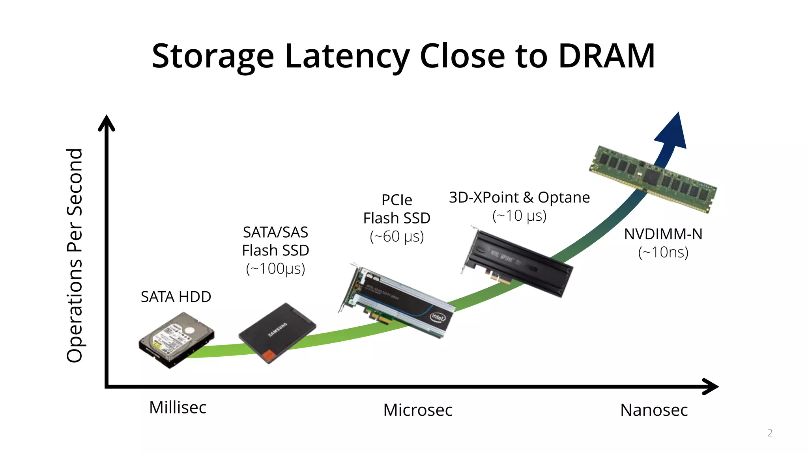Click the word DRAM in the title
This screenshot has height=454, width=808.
click(606, 56)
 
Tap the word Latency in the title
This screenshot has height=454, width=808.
click(347, 57)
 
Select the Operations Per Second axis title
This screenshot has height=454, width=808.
click(75, 255)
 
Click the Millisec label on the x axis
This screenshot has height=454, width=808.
click(178, 407)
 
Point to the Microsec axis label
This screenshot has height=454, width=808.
click(418, 410)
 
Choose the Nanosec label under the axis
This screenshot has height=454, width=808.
click(654, 410)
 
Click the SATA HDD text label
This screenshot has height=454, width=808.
click(176, 297)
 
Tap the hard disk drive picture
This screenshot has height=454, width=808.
click(176, 339)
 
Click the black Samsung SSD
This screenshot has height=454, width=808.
click(277, 332)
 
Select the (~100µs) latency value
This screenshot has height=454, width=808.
click(275, 269)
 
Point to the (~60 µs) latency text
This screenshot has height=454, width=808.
click(397, 236)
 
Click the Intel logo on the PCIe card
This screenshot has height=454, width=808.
click(437, 317)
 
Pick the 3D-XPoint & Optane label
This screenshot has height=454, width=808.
click(519, 197)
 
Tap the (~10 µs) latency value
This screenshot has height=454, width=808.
click(519, 216)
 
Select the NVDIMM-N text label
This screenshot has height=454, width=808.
click(663, 234)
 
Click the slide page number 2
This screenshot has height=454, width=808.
click(770, 433)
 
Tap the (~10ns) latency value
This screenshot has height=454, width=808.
click(663, 252)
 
